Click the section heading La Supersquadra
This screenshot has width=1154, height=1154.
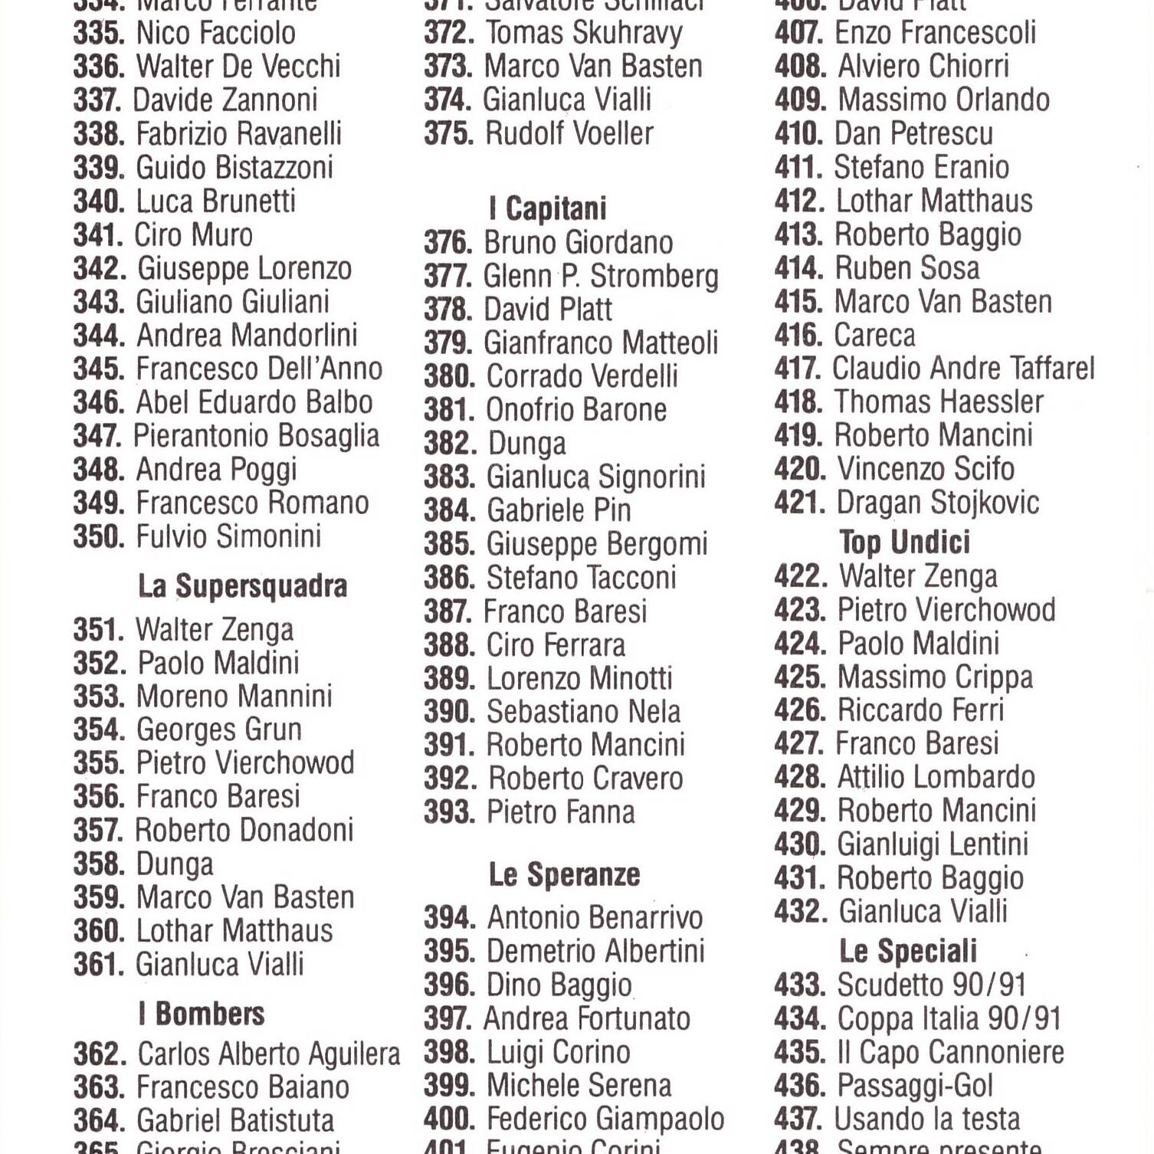click(242, 586)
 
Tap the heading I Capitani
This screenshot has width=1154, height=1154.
click(548, 208)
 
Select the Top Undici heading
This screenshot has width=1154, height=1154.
click(904, 543)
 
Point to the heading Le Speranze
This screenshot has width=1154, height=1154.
click(564, 874)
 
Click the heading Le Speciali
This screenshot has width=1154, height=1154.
click(908, 951)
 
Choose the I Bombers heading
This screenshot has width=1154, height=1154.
click(202, 1014)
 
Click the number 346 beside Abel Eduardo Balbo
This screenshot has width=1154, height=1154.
click(99, 402)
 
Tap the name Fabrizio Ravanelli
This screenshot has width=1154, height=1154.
click(238, 133)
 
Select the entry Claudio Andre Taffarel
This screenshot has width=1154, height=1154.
click(963, 369)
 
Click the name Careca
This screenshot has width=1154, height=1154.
click(874, 335)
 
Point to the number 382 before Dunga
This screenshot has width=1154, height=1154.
click(450, 444)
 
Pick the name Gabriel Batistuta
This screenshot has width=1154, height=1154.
click(235, 1120)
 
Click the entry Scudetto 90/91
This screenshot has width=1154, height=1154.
click(931, 985)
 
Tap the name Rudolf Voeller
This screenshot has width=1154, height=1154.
click(569, 133)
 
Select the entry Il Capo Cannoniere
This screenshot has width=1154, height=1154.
click(950, 1052)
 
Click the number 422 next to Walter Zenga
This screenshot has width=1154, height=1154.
click(801, 576)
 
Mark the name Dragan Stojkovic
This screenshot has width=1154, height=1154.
click(937, 503)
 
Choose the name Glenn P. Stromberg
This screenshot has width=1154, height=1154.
click(601, 276)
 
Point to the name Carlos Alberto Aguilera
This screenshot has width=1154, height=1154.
click(268, 1054)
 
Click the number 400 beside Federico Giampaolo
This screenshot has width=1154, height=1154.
click(450, 1119)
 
